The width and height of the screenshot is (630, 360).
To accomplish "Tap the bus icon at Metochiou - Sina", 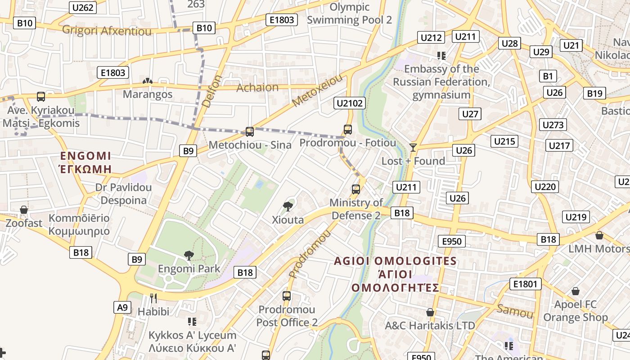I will point(250,132).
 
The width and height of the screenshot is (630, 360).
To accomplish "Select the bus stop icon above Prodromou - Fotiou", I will point(347,130).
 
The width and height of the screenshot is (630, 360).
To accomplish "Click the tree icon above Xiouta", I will point(288,207).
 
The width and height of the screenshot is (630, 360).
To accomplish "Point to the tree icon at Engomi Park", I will point(189,256).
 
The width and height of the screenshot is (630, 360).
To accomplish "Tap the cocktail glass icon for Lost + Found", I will point(413,147).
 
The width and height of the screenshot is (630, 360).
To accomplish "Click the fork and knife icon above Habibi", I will point(153,298).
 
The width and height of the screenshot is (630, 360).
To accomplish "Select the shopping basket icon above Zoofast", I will point(24,210).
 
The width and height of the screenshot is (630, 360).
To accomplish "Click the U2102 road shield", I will point(350,103).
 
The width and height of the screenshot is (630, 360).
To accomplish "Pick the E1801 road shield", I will point(525,284).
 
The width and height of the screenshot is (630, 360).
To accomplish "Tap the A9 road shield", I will point(122,307).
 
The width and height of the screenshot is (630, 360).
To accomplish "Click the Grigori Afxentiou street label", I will point(107,31).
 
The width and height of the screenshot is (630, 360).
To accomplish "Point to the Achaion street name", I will point(257,87).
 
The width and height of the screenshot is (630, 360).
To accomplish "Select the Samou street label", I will point(515,310).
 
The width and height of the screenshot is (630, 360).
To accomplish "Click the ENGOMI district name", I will point(85,156).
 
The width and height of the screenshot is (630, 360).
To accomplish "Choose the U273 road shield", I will point(553,125).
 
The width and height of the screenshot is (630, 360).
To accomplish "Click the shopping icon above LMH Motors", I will point(599,235).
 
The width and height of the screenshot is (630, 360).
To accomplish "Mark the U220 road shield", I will point(544,186).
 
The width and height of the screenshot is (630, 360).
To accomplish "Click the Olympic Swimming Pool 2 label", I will point(350,13).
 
